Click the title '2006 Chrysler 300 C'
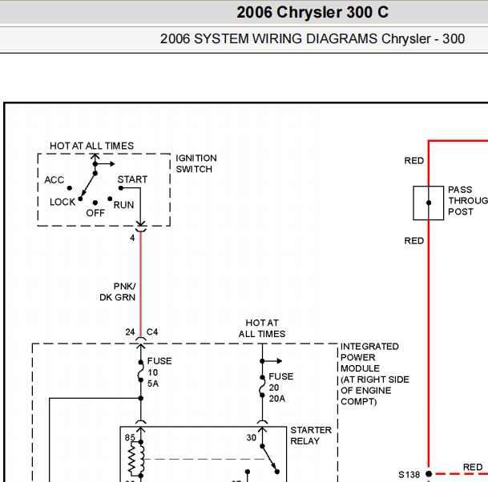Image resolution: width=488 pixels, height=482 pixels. tap(313, 13)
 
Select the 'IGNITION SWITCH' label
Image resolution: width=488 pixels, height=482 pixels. tap(196, 163)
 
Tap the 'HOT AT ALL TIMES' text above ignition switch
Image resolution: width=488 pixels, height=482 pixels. tap(91, 146)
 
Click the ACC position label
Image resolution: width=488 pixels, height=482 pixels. tap(54, 180)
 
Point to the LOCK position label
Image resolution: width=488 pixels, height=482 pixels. tap(63, 202)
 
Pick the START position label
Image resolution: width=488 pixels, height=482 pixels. tap(132, 179)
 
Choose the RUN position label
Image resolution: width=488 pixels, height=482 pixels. tap(123, 205)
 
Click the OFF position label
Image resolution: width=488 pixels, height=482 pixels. tap(95, 213)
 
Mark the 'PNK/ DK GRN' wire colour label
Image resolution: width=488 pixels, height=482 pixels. tap(118, 291)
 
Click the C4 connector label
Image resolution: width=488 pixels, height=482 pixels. tap(152, 331)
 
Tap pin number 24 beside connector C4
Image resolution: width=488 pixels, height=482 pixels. tap(130, 331)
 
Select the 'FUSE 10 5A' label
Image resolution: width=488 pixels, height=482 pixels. tap(159, 372)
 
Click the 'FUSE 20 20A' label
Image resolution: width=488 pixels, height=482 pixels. tap(280, 387)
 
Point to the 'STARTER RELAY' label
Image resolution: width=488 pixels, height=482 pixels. tap(310, 436)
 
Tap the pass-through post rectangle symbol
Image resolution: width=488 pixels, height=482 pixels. tap(429, 203)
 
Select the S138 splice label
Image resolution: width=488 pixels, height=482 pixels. tap(409, 474)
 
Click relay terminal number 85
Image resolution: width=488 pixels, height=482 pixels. tap(130, 437)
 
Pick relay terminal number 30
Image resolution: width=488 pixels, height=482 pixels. tap(252, 437)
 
